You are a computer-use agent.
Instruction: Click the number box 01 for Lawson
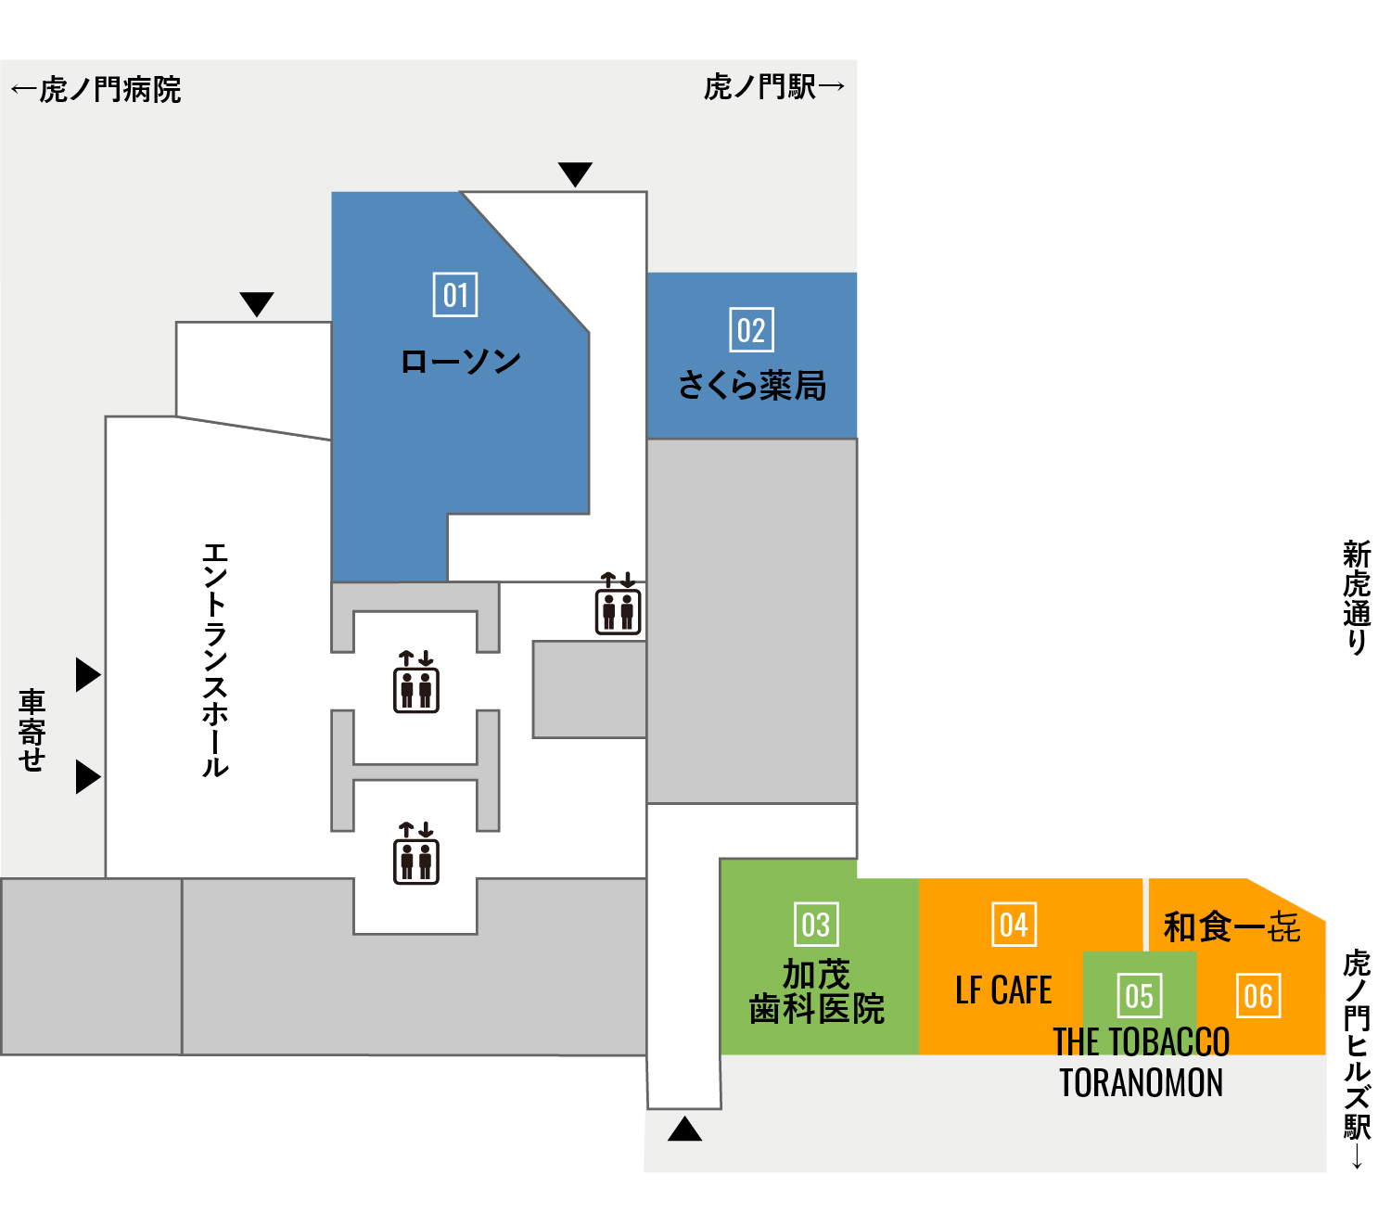(x=455, y=295)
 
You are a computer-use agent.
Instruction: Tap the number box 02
(x=751, y=329)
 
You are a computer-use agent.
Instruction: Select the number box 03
(x=816, y=925)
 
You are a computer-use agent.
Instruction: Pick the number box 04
(x=1014, y=925)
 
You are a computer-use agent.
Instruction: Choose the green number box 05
(x=1139, y=995)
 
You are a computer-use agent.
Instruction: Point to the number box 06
(x=1257, y=995)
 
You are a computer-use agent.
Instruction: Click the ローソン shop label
(x=460, y=362)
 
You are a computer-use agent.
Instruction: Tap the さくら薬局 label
(x=752, y=385)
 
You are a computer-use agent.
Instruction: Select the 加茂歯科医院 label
(x=816, y=991)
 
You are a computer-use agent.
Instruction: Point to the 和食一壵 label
(x=1231, y=926)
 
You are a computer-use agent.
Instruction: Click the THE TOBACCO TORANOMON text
(x=1142, y=1062)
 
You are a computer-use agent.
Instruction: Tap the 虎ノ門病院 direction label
(x=96, y=89)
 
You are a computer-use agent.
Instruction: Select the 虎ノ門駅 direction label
(x=773, y=86)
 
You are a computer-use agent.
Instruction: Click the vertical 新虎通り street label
(x=1357, y=597)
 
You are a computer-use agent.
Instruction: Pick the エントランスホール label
(x=215, y=660)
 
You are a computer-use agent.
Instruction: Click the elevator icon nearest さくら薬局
(x=618, y=603)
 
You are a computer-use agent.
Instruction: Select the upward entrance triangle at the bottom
(x=684, y=1129)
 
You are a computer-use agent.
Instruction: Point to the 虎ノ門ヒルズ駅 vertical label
(x=1357, y=1058)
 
